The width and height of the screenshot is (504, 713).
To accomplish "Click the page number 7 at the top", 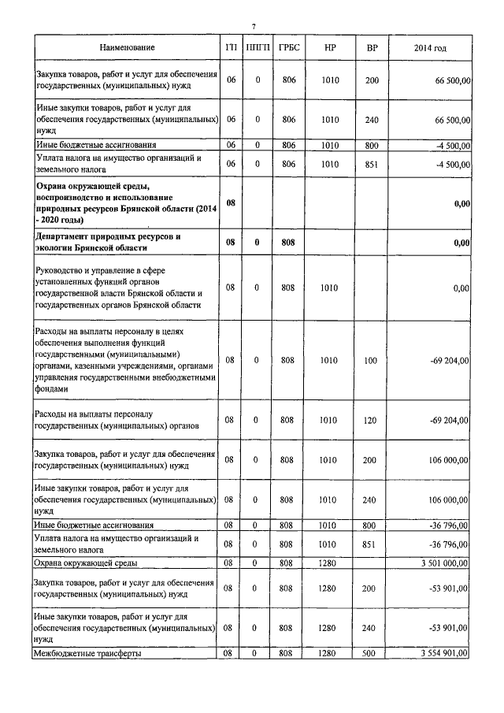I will [x=254, y=28].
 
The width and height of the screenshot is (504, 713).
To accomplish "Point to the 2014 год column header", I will [x=430, y=49].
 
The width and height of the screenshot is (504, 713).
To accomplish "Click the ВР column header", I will [x=372, y=49].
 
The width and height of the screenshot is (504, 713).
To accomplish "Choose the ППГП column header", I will [x=258, y=49].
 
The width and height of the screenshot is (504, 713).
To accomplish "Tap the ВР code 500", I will [x=372, y=653].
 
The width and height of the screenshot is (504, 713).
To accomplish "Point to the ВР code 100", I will [x=372, y=360].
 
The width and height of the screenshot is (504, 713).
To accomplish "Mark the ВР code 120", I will [x=372, y=420].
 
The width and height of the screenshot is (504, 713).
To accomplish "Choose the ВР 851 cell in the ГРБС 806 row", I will [x=372, y=163].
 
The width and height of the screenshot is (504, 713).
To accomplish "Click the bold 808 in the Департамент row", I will [x=288, y=242].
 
